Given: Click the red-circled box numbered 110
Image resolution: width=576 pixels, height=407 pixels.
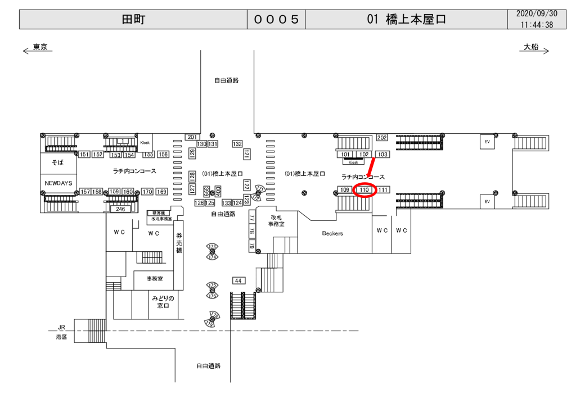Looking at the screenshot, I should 364,190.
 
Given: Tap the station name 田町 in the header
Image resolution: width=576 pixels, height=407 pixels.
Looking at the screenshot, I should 133,19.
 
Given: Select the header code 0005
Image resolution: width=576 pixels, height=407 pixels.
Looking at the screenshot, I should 276,19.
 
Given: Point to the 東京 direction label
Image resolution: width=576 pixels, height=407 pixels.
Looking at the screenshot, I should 40,47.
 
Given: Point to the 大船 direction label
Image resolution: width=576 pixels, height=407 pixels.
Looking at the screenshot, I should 531,47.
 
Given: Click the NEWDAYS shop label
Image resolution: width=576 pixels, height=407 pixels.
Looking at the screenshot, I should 58,183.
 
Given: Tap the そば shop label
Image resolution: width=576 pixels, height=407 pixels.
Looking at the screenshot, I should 58,162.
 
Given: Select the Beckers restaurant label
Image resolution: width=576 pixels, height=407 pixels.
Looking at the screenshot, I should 332,233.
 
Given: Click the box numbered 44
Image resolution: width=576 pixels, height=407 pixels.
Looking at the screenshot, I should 238,281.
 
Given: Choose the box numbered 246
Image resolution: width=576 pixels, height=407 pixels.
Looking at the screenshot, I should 120,209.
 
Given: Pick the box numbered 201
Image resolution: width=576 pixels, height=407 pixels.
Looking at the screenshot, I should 192,137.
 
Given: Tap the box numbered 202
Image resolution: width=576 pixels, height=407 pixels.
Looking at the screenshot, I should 382,138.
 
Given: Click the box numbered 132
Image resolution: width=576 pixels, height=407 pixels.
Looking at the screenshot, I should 237,144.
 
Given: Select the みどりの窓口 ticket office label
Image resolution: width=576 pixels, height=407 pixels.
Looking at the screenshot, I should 163,302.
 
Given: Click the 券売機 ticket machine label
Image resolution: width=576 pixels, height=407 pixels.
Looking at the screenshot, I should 179,242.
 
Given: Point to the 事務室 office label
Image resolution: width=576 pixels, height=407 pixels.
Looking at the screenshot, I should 155,278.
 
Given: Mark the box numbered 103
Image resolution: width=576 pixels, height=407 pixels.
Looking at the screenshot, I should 382,154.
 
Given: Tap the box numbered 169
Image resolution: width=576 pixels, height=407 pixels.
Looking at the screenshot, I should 162,192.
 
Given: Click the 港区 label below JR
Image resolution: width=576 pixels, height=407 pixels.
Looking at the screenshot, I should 61,337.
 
